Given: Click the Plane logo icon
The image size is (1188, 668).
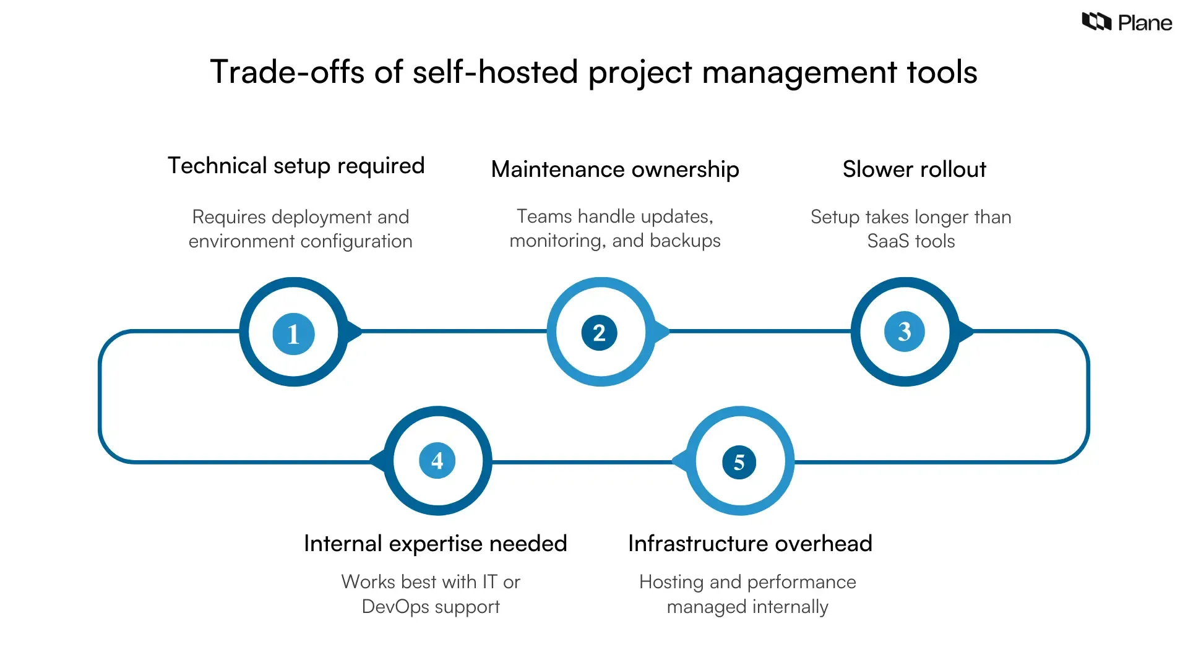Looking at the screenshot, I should pyautogui.click(x=1096, y=22).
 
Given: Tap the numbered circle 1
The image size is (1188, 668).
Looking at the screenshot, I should pyautogui.click(x=293, y=334).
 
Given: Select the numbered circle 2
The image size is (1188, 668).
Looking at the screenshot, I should pyautogui.click(x=599, y=333).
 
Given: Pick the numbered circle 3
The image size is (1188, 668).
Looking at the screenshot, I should pyautogui.click(x=904, y=332).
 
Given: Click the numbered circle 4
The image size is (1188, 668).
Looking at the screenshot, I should pyautogui.click(x=437, y=461).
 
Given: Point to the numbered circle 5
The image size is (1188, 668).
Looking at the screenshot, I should pyautogui.click(x=739, y=462).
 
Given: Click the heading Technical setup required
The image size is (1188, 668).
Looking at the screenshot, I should pyautogui.click(x=296, y=166).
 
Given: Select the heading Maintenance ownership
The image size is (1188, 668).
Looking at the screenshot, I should pyautogui.click(x=615, y=169).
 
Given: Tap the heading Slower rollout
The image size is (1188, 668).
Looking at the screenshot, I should pyautogui.click(x=914, y=169).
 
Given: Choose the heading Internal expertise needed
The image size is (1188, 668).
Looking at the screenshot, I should pyautogui.click(x=435, y=544).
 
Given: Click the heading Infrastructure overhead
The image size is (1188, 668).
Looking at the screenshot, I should pyautogui.click(x=750, y=544).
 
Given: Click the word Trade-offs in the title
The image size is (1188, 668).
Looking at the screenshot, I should pyautogui.click(x=288, y=72).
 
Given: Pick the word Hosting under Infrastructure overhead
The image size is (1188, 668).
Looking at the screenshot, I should pyautogui.click(x=671, y=582).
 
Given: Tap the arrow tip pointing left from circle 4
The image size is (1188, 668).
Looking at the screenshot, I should pyautogui.click(x=374, y=461).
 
